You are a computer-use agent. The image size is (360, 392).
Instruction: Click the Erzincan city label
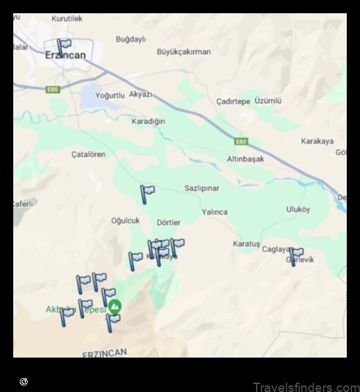coord(65,56)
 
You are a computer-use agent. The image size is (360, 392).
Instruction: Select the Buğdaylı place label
coord(130,40)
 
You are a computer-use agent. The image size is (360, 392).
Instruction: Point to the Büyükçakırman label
coord(183,52)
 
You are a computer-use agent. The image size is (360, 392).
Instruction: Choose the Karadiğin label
coord(148,122)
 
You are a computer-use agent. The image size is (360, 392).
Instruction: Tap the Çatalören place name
coord(88,154)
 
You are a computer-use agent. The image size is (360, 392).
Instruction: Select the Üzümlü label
coord(268,101)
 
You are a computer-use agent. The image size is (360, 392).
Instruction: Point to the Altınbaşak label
coord(246,160)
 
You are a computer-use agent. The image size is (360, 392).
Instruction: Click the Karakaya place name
coord(317,141)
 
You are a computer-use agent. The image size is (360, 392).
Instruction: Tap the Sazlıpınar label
coord(202,189)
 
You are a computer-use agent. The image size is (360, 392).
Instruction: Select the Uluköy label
coord(298,209)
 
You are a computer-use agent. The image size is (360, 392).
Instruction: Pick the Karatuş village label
coord(246,244)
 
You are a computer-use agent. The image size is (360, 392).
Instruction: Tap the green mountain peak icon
coord(115,307)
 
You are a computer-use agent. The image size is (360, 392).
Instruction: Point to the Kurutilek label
coord(67,20)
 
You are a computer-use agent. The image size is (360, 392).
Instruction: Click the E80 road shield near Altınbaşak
coord(241,141)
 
